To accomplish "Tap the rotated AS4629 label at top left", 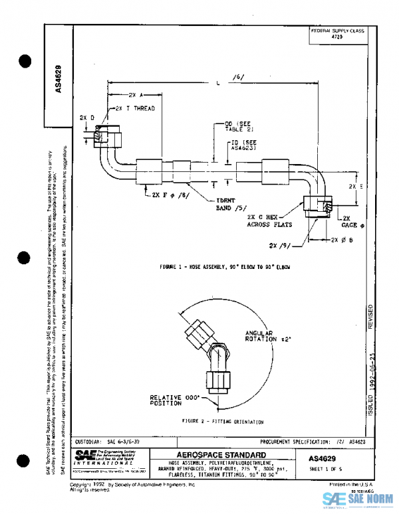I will coord(58,79).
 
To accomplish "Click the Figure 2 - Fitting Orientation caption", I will coord(222,421).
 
